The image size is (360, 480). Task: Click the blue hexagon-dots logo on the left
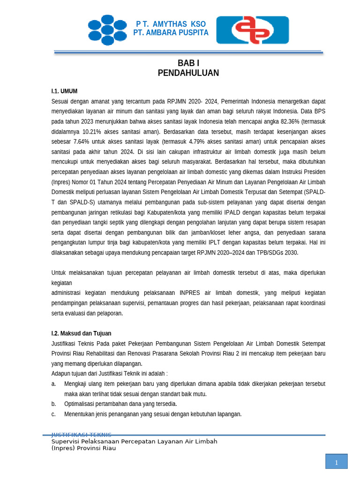tap(107, 30)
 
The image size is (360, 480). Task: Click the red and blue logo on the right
tap(252, 30)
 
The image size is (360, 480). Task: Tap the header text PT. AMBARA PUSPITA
tap(171, 33)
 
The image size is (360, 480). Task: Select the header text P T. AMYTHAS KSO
tap(171, 24)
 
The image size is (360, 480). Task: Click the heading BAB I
tap(188, 63)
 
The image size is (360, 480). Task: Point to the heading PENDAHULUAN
tap(188, 73)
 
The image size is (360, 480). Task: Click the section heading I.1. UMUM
tap(64, 91)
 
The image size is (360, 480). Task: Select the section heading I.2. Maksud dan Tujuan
tap(81, 333)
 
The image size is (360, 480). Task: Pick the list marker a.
tap(53, 384)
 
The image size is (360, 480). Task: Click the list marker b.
tap(53, 404)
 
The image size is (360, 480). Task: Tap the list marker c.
tap(53, 414)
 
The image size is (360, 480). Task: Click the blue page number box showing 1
tap(336, 461)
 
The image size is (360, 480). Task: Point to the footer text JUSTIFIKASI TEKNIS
tap(81, 435)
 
